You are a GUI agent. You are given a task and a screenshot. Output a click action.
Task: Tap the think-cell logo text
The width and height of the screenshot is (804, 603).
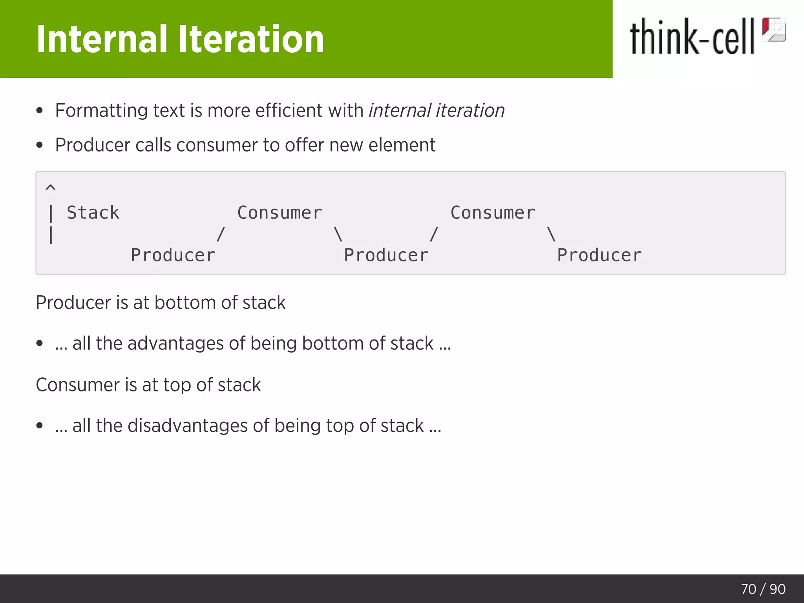click(692, 37)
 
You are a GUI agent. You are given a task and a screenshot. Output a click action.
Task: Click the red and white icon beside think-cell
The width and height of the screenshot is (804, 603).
click(774, 29)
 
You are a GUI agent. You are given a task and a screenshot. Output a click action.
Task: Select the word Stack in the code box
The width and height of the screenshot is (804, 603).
click(93, 213)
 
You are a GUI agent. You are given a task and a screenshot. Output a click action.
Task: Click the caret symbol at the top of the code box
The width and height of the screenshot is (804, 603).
click(51, 188)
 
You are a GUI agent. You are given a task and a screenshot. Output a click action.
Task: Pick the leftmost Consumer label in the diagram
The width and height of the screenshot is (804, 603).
click(280, 213)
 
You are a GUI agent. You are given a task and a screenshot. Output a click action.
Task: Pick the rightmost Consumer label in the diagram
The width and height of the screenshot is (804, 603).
click(493, 213)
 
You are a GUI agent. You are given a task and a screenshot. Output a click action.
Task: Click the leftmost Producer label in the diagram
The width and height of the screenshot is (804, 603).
click(173, 256)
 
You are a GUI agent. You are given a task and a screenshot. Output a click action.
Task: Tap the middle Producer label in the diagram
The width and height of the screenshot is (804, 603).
click(386, 256)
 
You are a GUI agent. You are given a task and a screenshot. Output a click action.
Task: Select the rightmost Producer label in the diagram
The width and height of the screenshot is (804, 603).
click(599, 256)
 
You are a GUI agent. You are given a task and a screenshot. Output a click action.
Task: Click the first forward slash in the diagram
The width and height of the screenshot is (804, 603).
click(221, 234)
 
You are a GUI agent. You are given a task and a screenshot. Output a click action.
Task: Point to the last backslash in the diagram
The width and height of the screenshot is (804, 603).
click(552, 234)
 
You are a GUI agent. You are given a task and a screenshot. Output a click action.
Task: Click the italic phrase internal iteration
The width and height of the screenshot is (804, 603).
click(437, 110)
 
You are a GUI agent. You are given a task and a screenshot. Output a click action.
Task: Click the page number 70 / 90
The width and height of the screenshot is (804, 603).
click(763, 589)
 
